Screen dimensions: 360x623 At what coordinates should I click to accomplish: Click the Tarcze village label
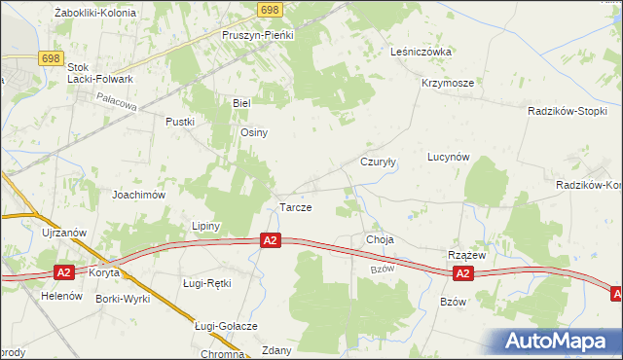click(x=295, y=208)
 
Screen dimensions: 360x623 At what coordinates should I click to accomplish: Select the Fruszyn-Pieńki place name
click(x=257, y=33)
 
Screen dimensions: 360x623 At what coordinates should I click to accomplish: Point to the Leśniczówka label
click(x=421, y=52)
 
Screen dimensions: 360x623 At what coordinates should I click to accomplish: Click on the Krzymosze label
click(x=448, y=83)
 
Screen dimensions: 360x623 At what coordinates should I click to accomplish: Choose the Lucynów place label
click(x=449, y=157)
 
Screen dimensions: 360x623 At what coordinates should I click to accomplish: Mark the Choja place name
click(x=379, y=238)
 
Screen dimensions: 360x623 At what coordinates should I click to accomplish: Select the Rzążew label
click(x=466, y=254)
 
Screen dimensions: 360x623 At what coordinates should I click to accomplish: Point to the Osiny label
click(x=254, y=132)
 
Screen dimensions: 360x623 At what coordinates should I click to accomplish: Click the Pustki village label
click(x=181, y=122)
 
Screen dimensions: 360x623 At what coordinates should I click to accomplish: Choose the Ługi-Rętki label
click(x=206, y=282)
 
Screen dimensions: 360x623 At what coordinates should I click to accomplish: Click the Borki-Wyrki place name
click(x=123, y=299)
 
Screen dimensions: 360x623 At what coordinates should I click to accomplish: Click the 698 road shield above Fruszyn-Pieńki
click(x=272, y=9)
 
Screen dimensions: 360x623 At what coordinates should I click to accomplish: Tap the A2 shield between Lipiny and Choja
click(x=271, y=240)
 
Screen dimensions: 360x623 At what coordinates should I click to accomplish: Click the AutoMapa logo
click(x=559, y=341)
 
